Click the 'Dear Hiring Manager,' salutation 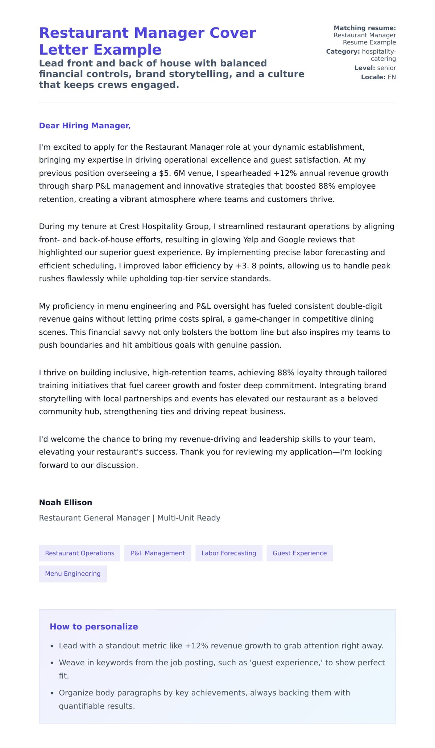84,126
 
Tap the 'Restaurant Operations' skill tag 79,553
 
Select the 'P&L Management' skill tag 158,553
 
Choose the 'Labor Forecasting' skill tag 229,553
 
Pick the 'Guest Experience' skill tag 299,553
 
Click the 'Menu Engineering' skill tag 72,574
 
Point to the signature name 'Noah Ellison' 65,502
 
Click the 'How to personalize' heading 94,627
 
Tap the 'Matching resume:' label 365,28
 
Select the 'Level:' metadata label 365,68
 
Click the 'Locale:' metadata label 373,77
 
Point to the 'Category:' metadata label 343,51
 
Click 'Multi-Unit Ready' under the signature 188,518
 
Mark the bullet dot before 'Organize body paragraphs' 52,693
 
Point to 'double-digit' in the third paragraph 359,306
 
